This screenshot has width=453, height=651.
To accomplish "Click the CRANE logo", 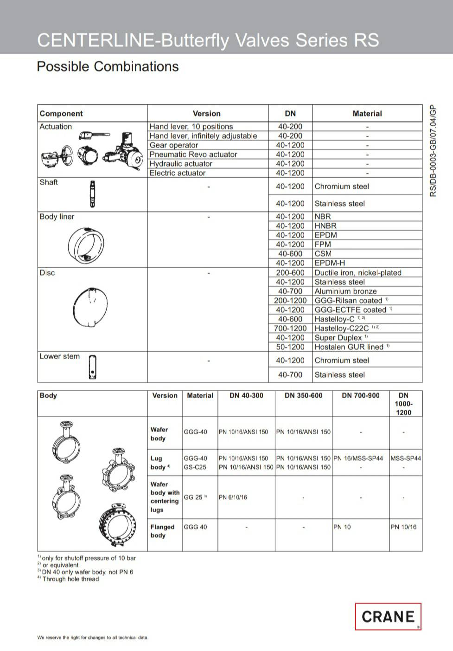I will point(388,616).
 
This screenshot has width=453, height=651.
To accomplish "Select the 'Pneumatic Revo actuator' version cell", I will point(193,155).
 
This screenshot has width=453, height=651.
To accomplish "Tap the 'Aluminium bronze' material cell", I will point(345,291).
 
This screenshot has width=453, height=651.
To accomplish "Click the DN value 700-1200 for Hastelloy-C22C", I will point(290,329).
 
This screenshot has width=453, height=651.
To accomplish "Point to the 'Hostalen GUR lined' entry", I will point(349,347).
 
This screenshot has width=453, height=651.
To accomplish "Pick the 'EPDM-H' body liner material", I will point(330,263).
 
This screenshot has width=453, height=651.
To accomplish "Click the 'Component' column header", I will point(61,114).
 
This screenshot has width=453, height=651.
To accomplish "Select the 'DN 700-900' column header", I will point(360,396).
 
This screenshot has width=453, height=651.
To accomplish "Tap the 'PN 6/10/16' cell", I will point(233,497).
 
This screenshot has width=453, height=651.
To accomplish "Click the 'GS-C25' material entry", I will point(195,467).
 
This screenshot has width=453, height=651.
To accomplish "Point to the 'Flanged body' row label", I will point(162,531).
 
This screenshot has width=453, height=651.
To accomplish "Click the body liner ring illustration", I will point(86,245).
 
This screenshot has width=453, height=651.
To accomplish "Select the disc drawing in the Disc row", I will point(90,307).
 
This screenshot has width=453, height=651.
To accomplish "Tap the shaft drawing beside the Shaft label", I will point(93,194).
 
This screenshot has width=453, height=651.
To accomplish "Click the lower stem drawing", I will point(93,367).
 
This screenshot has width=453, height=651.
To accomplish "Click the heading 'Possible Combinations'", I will point(108,67).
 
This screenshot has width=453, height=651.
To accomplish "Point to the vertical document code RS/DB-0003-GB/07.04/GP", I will point(433,151).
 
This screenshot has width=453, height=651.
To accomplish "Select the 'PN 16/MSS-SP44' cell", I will point(358,458).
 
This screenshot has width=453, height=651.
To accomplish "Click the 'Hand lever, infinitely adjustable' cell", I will point(203,136).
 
